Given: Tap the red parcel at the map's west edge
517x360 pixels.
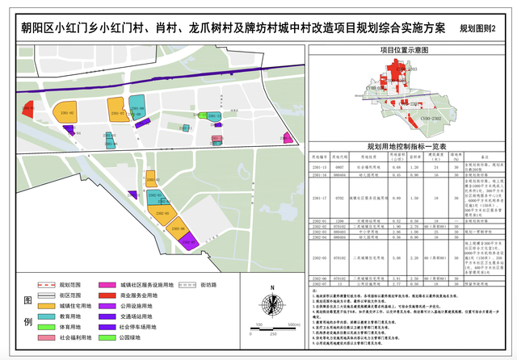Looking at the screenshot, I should point(27,107).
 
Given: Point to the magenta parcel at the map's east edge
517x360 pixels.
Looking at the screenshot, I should point(287,137).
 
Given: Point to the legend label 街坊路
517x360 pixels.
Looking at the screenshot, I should point(225,285).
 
